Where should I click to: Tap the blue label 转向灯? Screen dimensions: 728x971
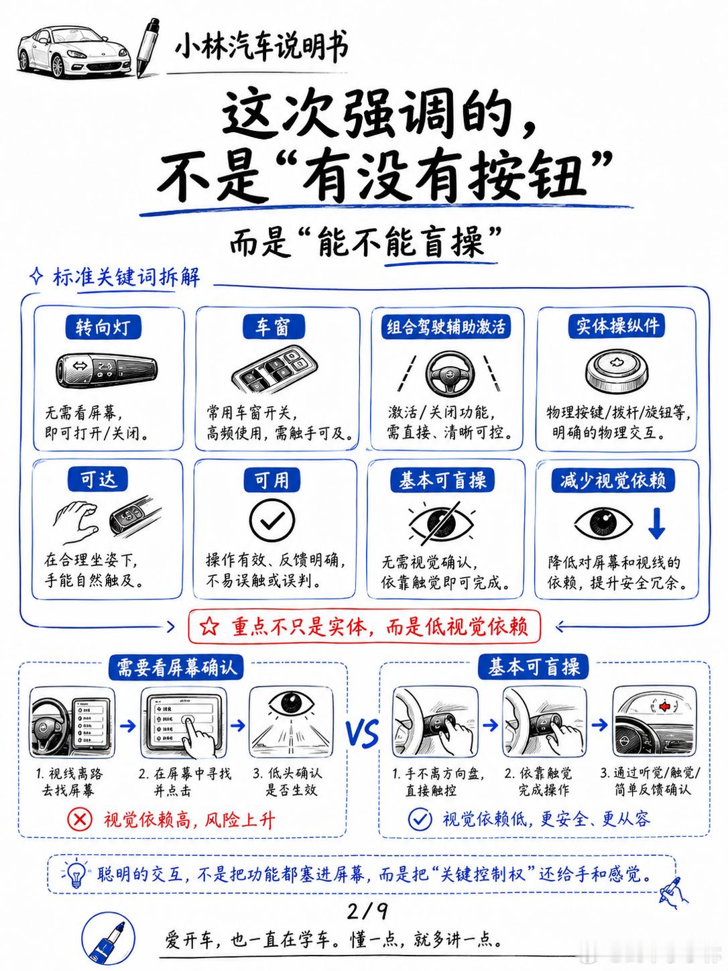[103, 327]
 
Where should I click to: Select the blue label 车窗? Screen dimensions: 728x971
[274, 327]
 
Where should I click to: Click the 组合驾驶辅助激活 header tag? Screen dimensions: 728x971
[446, 327]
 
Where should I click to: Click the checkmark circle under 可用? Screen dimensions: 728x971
[271, 522]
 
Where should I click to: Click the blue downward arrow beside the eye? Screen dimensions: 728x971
[656, 523]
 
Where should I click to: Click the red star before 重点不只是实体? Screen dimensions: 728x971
[210, 626]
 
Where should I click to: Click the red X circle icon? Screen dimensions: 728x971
[80, 819]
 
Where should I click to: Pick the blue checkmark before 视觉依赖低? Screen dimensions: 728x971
[420, 819]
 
